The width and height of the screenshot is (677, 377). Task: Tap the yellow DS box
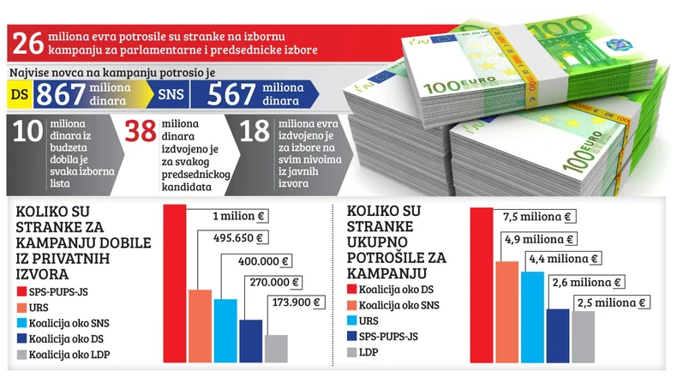point(19,94)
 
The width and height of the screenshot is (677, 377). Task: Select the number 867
point(63,94)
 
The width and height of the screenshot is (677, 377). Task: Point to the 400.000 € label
point(265,260)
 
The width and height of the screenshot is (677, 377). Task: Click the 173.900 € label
point(294,302)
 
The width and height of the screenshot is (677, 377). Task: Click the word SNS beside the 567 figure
point(167,94)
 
